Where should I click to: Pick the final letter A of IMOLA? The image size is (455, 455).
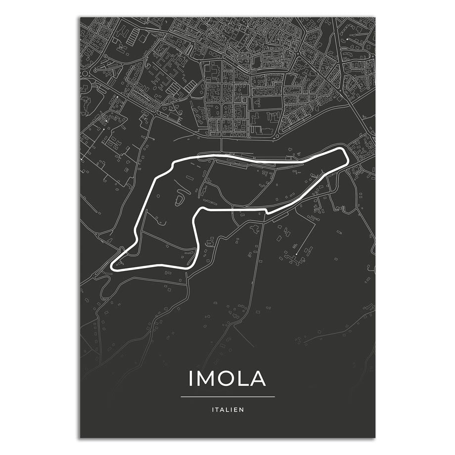(258, 378)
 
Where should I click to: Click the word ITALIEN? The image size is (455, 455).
(227, 409)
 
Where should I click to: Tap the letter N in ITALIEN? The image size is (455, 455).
(242, 409)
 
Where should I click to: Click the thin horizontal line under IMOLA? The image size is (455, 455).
(227, 397)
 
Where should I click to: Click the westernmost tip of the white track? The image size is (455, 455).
(113, 266)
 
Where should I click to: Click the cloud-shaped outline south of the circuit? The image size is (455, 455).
(255, 228)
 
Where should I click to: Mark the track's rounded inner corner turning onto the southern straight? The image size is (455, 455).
(201, 212)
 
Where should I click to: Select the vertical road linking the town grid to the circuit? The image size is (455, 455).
(221, 146)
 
